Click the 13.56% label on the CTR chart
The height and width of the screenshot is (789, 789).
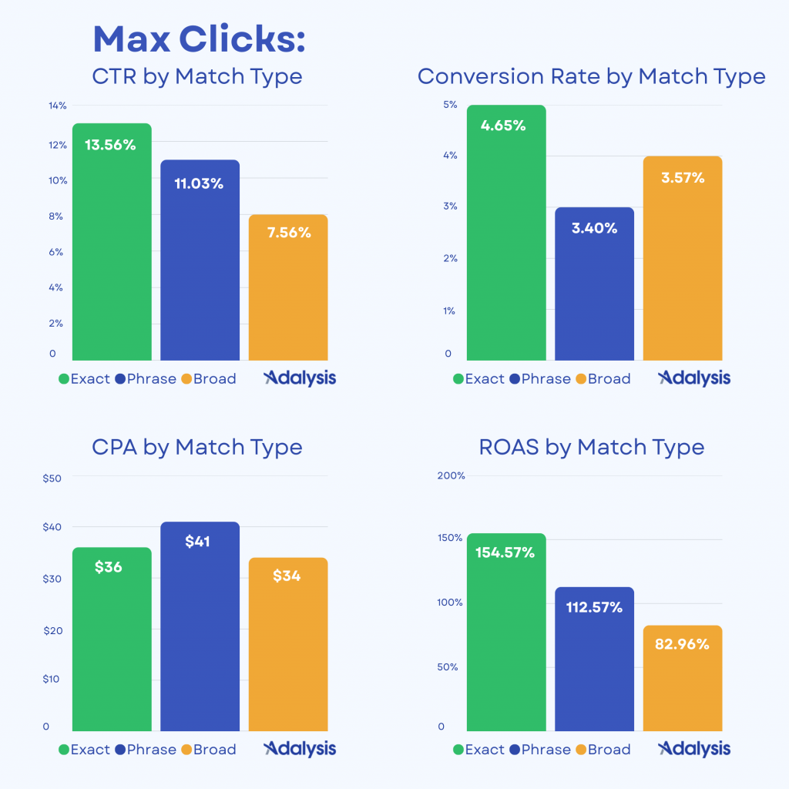(x=110, y=145)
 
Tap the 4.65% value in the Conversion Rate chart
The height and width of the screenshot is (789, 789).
(x=503, y=126)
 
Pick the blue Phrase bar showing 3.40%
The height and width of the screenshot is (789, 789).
(x=594, y=293)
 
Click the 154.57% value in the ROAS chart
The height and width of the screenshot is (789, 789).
(x=505, y=552)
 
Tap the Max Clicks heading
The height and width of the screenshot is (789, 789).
(x=199, y=39)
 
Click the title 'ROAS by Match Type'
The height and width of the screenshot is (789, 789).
(x=592, y=447)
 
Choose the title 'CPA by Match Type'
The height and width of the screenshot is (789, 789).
(x=197, y=447)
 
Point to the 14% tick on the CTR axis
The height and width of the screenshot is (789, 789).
(x=58, y=106)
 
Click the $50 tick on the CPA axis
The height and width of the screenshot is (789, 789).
(x=52, y=478)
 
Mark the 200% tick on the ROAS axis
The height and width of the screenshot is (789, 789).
(x=451, y=476)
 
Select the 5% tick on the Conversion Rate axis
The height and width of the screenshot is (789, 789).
(x=450, y=105)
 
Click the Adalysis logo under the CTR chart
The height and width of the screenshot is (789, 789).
(x=300, y=378)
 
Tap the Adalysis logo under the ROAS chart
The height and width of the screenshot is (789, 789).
(x=694, y=749)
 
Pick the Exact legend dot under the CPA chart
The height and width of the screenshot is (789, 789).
(x=64, y=750)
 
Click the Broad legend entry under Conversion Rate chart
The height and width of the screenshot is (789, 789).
(x=602, y=379)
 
